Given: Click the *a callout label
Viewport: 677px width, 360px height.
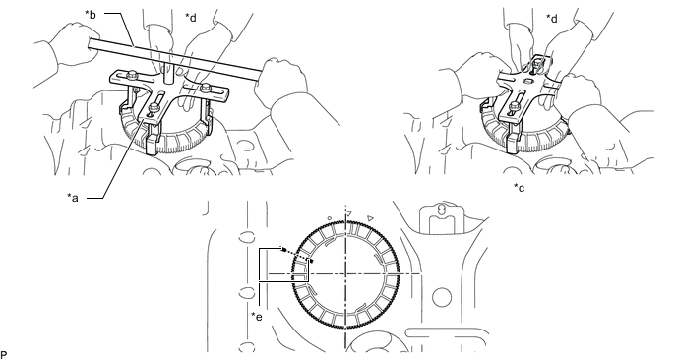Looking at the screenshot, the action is tap(73, 198).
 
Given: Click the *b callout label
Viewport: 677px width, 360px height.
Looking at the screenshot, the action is tap(91, 14).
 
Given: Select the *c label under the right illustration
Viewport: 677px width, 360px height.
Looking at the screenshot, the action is tap(519, 187).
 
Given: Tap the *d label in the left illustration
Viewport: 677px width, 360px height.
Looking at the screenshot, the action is tap(191, 18).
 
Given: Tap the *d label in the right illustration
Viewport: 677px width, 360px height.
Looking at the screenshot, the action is tap(552, 19).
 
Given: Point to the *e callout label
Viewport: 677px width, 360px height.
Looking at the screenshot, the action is tap(257, 317).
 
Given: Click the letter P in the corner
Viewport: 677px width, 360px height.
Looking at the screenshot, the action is tap(4, 356).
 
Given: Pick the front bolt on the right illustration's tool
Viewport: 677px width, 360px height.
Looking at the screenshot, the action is tap(514, 106).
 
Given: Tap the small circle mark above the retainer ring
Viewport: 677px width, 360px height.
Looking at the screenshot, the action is tap(330, 218).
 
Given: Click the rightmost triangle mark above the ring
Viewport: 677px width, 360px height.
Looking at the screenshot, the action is tap(370, 218).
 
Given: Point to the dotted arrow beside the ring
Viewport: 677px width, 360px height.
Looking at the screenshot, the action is tap(296, 255).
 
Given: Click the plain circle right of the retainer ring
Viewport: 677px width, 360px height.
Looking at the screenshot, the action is tap(441, 297).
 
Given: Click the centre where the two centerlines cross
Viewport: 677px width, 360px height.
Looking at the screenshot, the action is tap(345, 273).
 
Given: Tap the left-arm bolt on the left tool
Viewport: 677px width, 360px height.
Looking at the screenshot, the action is tap(131, 77).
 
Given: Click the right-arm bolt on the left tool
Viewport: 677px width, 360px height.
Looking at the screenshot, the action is tap(206, 87).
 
